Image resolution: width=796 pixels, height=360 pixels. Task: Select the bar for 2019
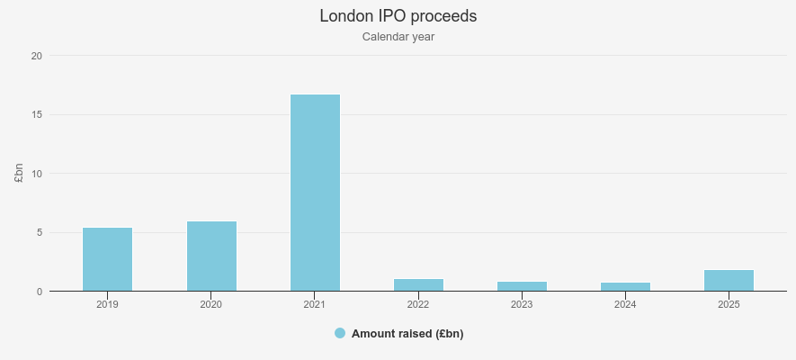(x=108, y=259)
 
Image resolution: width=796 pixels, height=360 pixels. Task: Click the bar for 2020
(x=211, y=256)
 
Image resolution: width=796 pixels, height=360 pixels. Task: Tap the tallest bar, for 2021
(x=315, y=193)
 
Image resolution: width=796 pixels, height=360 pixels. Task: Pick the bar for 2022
(x=418, y=285)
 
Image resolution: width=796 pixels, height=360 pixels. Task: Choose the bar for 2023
(x=522, y=286)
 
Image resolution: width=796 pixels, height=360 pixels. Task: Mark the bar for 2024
(x=625, y=287)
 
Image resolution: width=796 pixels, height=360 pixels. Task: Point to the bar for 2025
(x=729, y=281)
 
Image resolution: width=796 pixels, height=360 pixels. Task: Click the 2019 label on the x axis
(x=108, y=305)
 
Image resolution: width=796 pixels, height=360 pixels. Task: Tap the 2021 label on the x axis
(x=315, y=305)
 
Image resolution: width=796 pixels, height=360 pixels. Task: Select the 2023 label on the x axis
(x=522, y=305)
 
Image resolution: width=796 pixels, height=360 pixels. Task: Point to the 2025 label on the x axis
(x=729, y=305)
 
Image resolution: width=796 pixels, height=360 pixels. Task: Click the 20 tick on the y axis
(x=37, y=56)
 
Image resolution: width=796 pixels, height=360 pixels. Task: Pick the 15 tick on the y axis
(x=37, y=114)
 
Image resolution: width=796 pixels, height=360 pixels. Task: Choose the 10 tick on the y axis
(x=37, y=174)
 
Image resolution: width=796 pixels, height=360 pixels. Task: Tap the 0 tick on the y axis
(x=40, y=292)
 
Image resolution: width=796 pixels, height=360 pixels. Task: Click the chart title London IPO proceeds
(x=398, y=16)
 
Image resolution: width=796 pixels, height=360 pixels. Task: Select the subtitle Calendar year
(x=398, y=37)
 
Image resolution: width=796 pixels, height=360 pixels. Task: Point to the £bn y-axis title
(x=19, y=174)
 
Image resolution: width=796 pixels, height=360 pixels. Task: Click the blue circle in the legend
(x=340, y=333)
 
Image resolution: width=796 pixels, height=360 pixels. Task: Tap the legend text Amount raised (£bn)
(x=407, y=334)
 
